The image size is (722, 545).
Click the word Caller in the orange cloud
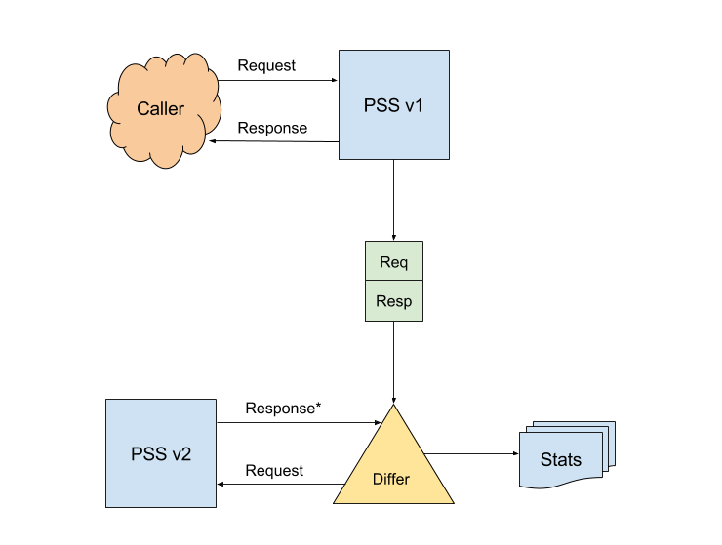[160, 109]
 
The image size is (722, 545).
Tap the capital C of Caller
[143, 109]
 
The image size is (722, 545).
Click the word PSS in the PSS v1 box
[381, 105]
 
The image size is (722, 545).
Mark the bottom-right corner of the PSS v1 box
[448, 158]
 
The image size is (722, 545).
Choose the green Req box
[393, 261]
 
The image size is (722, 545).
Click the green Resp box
[393, 301]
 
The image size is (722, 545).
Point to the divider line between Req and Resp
[393, 281]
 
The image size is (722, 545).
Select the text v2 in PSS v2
[180, 454]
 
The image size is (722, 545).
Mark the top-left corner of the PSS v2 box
[106, 400]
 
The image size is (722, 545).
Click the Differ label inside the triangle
[391, 479]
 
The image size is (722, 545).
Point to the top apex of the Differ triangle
[393, 406]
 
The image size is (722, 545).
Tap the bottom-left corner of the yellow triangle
[335, 502]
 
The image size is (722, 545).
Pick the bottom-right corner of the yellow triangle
[453, 502]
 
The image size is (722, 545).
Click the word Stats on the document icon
[560, 460]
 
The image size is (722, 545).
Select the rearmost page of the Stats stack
[612, 427]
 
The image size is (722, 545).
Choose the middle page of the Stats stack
[604, 435]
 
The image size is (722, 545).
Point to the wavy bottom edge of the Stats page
[561, 484]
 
